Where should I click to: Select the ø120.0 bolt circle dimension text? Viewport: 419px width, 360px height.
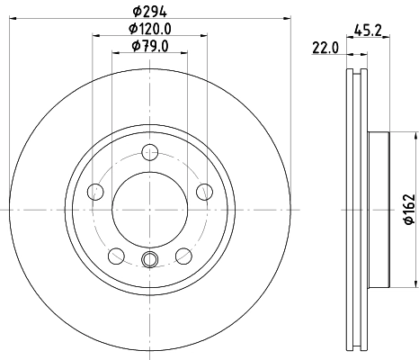tap(150, 30)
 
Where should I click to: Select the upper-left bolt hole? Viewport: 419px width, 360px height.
tap(95, 190)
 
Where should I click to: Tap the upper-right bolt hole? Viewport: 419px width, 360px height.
tap(204, 190)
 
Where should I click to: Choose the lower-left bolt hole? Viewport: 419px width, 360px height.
tap(116, 255)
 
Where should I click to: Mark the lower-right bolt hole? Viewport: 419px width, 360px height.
tap(184, 255)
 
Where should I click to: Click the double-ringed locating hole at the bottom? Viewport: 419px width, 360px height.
tap(150, 262)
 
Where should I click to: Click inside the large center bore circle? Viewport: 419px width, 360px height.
tap(150, 209)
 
